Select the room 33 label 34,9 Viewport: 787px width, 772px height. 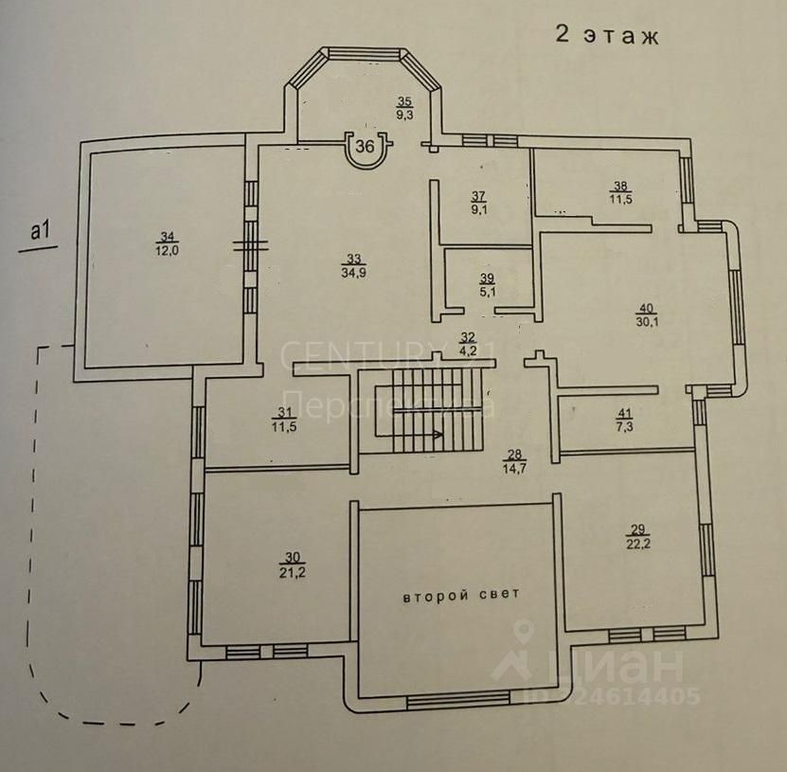coord(353,265)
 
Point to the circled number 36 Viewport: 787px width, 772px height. coord(366,147)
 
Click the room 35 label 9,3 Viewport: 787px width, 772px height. coord(404,108)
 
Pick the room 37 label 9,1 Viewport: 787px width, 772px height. coord(478,203)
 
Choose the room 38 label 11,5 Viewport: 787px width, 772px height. coord(620,192)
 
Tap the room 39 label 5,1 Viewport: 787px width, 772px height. coord(488,285)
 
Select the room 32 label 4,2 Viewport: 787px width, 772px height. coord(468,343)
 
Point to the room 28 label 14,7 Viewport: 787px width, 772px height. coord(514,461)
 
